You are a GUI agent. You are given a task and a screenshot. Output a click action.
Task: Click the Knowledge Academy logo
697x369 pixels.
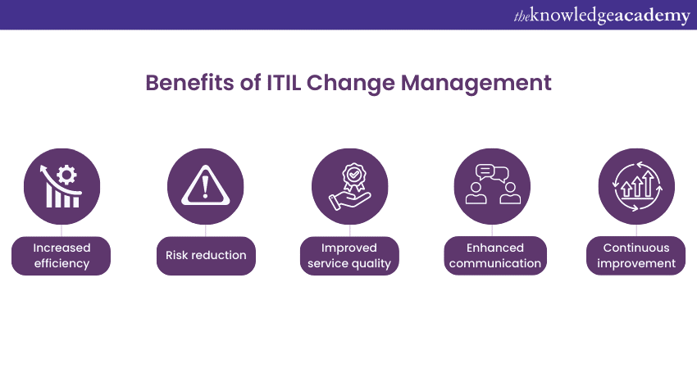click(x=602, y=16)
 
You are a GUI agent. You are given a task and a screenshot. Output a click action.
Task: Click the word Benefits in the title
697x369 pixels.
click(x=189, y=83)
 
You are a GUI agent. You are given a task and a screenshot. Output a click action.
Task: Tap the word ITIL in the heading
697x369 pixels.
click(x=284, y=83)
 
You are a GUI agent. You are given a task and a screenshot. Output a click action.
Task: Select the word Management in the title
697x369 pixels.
click(x=476, y=84)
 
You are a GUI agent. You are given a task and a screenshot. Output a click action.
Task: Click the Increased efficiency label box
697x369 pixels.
click(x=61, y=256)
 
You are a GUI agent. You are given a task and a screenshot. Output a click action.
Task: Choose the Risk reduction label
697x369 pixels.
click(x=206, y=256)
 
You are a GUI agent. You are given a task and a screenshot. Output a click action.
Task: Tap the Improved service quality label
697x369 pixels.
click(x=349, y=256)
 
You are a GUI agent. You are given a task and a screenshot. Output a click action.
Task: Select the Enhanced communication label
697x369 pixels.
click(x=495, y=256)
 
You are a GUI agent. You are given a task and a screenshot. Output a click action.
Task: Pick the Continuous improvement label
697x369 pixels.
click(x=636, y=256)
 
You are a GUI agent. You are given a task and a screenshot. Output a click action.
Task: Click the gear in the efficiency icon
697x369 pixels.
click(x=67, y=175)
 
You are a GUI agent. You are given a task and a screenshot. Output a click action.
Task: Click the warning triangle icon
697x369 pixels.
click(x=205, y=185)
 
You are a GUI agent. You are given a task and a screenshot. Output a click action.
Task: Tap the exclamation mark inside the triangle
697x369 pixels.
click(x=205, y=187)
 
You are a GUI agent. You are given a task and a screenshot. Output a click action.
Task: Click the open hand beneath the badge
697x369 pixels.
click(x=349, y=201)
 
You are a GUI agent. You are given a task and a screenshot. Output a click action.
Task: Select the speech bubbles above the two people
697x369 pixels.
click(x=492, y=173)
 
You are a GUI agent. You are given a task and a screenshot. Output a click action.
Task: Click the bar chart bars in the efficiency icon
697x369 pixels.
click(x=62, y=197)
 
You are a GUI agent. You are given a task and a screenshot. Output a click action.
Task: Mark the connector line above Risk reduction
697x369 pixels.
click(x=205, y=230)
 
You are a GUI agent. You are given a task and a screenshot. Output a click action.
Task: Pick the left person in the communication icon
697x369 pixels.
click(x=476, y=193)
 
